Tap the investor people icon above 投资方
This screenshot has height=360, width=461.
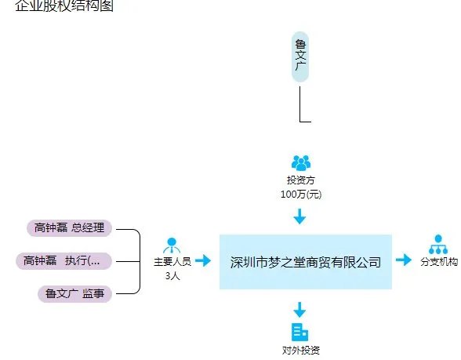click(301, 162)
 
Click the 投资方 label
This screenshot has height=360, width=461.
click(301, 180)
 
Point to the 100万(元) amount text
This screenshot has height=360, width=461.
click(301, 193)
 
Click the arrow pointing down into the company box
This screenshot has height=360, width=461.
click(300, 216)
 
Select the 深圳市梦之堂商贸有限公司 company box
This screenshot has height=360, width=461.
click(305, 262)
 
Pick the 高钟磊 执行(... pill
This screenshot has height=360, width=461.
click(67, 260)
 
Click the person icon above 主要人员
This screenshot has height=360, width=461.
click(172, 244)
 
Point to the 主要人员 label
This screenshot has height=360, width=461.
click(172, 262)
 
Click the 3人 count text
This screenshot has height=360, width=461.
click(172, 275)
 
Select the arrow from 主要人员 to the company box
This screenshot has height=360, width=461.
click(203, 260)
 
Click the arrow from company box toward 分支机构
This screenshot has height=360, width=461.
click(403, 260)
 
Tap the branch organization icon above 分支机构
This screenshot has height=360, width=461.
click(437, 244)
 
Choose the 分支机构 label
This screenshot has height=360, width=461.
click(439, 262)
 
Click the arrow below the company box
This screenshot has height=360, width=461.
click(300, 308)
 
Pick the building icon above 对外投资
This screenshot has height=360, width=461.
click(300, 332)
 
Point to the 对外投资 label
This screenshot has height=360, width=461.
click(301, 350)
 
